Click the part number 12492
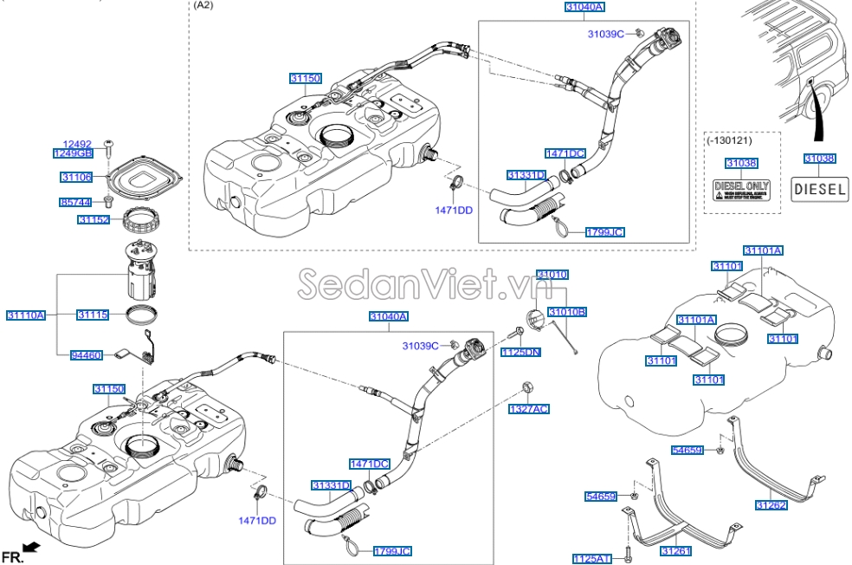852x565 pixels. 76,144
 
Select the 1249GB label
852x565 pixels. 74,153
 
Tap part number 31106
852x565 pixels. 76,177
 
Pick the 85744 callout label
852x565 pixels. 75,202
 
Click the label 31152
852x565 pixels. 94,221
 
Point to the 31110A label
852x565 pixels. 26,315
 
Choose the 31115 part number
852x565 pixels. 93,315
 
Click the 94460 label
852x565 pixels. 87,354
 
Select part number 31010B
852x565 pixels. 567,311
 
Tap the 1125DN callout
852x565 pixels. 523,352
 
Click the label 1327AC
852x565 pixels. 528,408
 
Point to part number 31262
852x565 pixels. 770,504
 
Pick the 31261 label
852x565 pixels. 675,550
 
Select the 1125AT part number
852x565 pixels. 592,559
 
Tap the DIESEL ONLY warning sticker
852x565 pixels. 741,190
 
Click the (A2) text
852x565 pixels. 203,5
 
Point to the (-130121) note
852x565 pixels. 730,140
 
